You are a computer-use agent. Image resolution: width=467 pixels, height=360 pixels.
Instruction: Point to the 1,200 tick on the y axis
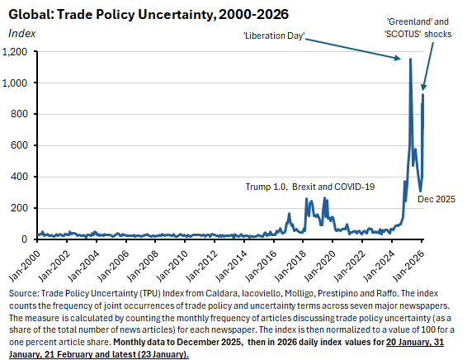click(x=17, y=52)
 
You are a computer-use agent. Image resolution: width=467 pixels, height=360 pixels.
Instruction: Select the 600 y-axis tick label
click(x=21, y=146)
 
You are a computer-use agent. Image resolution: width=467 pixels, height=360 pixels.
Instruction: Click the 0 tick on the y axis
click(x=26, y=239)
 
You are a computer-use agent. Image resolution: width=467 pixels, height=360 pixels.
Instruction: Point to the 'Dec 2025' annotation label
click(x=437, y=199)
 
